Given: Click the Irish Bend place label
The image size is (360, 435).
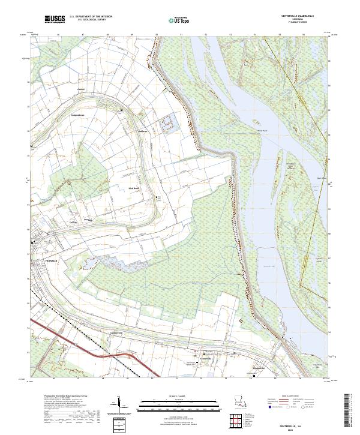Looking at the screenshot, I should pyautogui.click(x=133, y=187).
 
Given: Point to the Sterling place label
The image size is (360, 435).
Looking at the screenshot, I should pyautogui.click(x=86, y=220).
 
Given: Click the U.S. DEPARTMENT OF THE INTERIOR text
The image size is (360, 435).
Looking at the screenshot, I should pyautogui.click(x=91, y=17).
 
